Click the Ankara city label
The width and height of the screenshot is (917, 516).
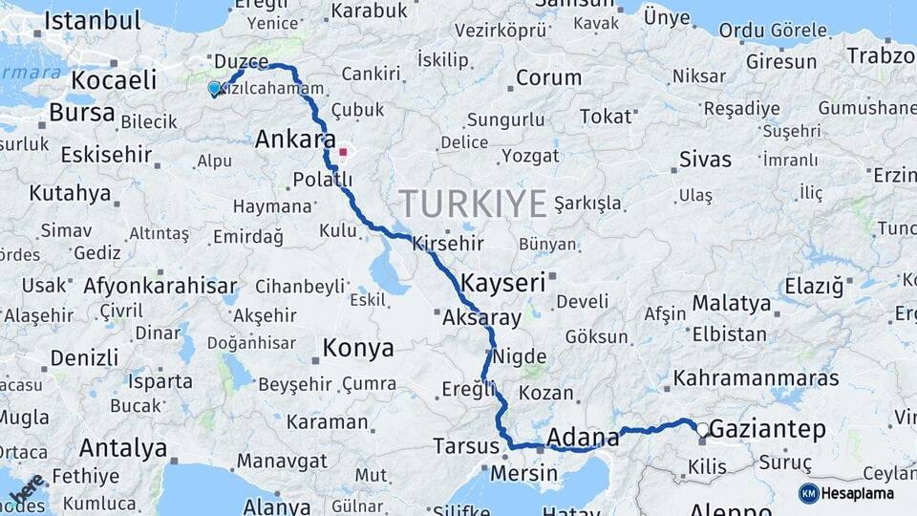295,140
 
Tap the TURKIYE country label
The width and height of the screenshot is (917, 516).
473,203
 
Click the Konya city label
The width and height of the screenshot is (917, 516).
358,349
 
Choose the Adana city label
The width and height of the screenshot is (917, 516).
584,438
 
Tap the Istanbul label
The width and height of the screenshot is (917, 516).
92,20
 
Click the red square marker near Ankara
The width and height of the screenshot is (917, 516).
343,151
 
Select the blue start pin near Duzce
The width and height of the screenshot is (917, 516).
214,89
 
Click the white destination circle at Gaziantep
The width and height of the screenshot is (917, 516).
703,431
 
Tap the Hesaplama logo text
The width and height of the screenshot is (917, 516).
857,493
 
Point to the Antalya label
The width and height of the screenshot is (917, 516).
123,447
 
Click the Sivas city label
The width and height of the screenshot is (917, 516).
705,159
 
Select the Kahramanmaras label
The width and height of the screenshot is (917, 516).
756,377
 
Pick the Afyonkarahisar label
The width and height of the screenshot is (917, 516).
160,285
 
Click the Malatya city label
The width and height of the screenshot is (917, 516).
732,304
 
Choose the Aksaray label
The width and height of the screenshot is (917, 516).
482,319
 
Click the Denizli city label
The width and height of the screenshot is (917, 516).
85,357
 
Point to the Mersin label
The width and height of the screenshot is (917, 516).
523,473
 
